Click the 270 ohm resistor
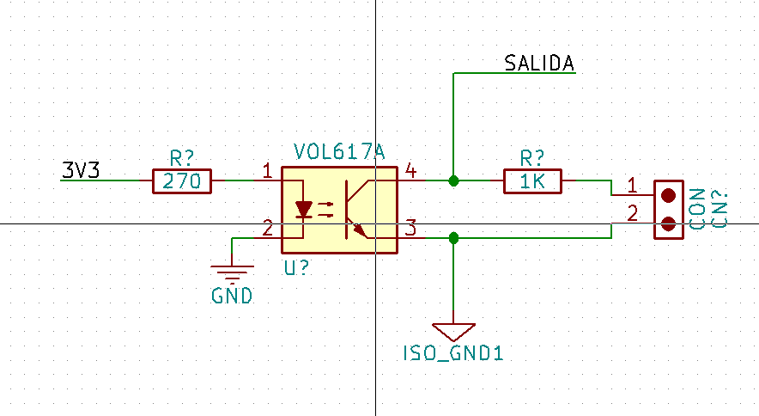point(182,181)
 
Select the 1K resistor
point(532,181)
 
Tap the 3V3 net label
point(81,170)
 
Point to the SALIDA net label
point(539,63)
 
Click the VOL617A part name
point(339,152)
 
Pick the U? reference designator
point(296,268)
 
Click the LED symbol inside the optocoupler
point(303,210)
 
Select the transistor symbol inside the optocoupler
point(357,210)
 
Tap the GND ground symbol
point(232,274)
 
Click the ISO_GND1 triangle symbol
point(453,332)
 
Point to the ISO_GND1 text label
point(453,353)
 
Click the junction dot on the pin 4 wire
point(453,180)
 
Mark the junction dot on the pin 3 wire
point(453,238)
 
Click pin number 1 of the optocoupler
point(268,171)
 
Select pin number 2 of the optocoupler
point(268,229)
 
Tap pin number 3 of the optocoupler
point(410,228)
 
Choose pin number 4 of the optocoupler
point(410,171)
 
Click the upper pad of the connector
point(669,195)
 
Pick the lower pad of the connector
point(669,224)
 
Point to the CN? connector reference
point(720,210)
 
